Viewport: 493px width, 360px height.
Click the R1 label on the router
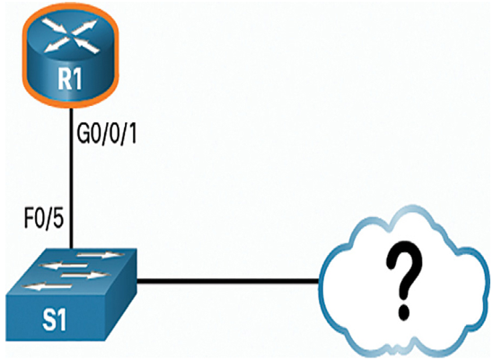[x=70, y=79]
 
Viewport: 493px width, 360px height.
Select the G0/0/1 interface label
[x=107, y=136]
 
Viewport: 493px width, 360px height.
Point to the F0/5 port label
[x=44, y=219]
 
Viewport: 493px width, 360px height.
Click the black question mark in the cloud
[x=404, y=278]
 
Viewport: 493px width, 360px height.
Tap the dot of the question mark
[x=404, y=312]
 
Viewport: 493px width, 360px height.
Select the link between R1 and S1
[x=72, y=178]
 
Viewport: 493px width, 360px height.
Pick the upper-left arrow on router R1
[x=57, y=26]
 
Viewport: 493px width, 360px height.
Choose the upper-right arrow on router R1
[x=85, y=26]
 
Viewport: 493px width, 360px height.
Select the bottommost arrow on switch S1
[x=48, y=286]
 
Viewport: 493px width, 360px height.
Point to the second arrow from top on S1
[x=63, y=267]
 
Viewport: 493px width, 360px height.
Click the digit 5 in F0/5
[x=57, y=219]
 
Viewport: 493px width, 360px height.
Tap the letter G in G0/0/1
[x=84, y=136]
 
